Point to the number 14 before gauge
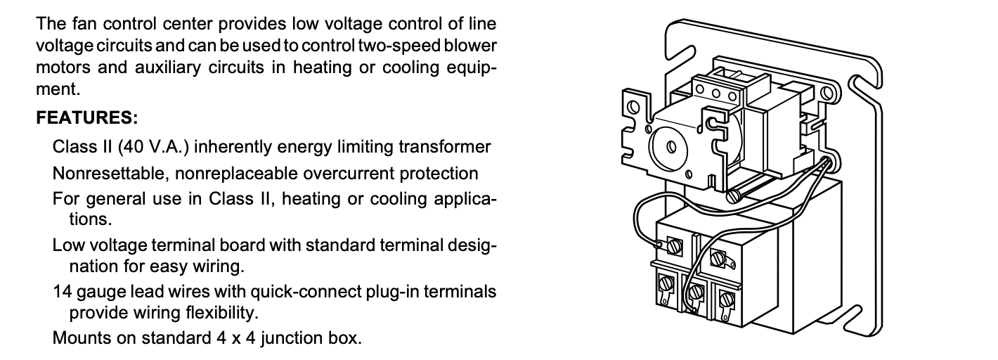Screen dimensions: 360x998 (x=60, y=291)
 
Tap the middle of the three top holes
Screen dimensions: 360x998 (x=717, y=92)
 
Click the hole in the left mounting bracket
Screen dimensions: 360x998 (x=633, y=108)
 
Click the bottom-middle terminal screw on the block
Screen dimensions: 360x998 (x=696, y=291)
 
